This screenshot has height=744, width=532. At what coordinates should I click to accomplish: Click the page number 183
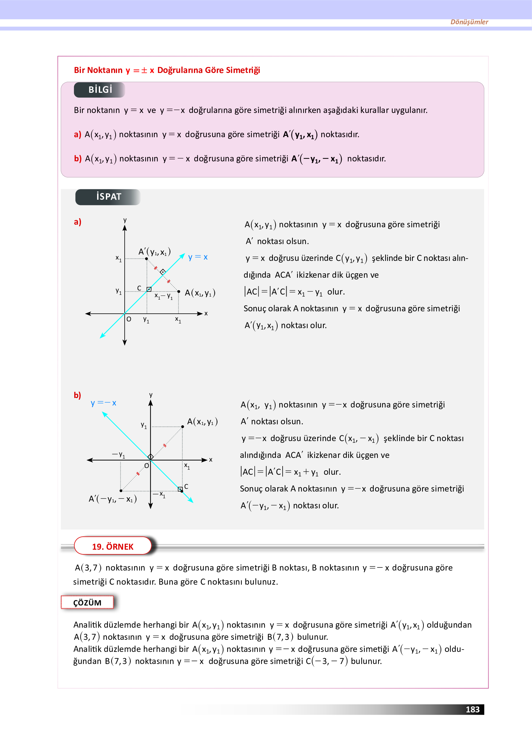[x=472, y=709]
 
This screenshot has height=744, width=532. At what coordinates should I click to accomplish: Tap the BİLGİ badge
[x=100, y=90]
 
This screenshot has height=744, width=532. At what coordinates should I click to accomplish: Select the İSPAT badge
[x=108, y=197]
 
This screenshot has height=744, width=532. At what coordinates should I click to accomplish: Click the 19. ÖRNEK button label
[x=113, y=547]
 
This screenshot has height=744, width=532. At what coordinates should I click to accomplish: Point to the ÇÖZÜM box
[x=87, y=602]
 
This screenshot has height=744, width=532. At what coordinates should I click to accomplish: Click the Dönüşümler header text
[x=469, y=22]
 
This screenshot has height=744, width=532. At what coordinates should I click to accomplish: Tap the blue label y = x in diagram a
[x=198, y=257]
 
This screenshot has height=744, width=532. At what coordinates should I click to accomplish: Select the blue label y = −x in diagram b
[x=104, y=403]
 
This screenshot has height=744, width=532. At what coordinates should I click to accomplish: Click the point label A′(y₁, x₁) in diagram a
[x=155, y=252]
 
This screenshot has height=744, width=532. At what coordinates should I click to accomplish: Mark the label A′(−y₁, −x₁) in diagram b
[x=113, y=499]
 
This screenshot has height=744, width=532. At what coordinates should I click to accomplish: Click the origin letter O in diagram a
[x=129, y=319]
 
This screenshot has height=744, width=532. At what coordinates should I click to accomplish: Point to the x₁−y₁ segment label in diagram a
[x=164, y=296]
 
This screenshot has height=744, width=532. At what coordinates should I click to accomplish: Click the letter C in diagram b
[x=186, y=486]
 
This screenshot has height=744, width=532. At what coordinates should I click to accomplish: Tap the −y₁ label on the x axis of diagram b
[x=118, y=455]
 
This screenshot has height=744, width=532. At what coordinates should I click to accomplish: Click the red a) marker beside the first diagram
[x=77, y=222]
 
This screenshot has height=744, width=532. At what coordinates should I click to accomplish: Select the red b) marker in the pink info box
[x=78, y=159]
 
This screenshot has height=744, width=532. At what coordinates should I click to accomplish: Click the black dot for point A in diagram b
[x=182, y=427]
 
